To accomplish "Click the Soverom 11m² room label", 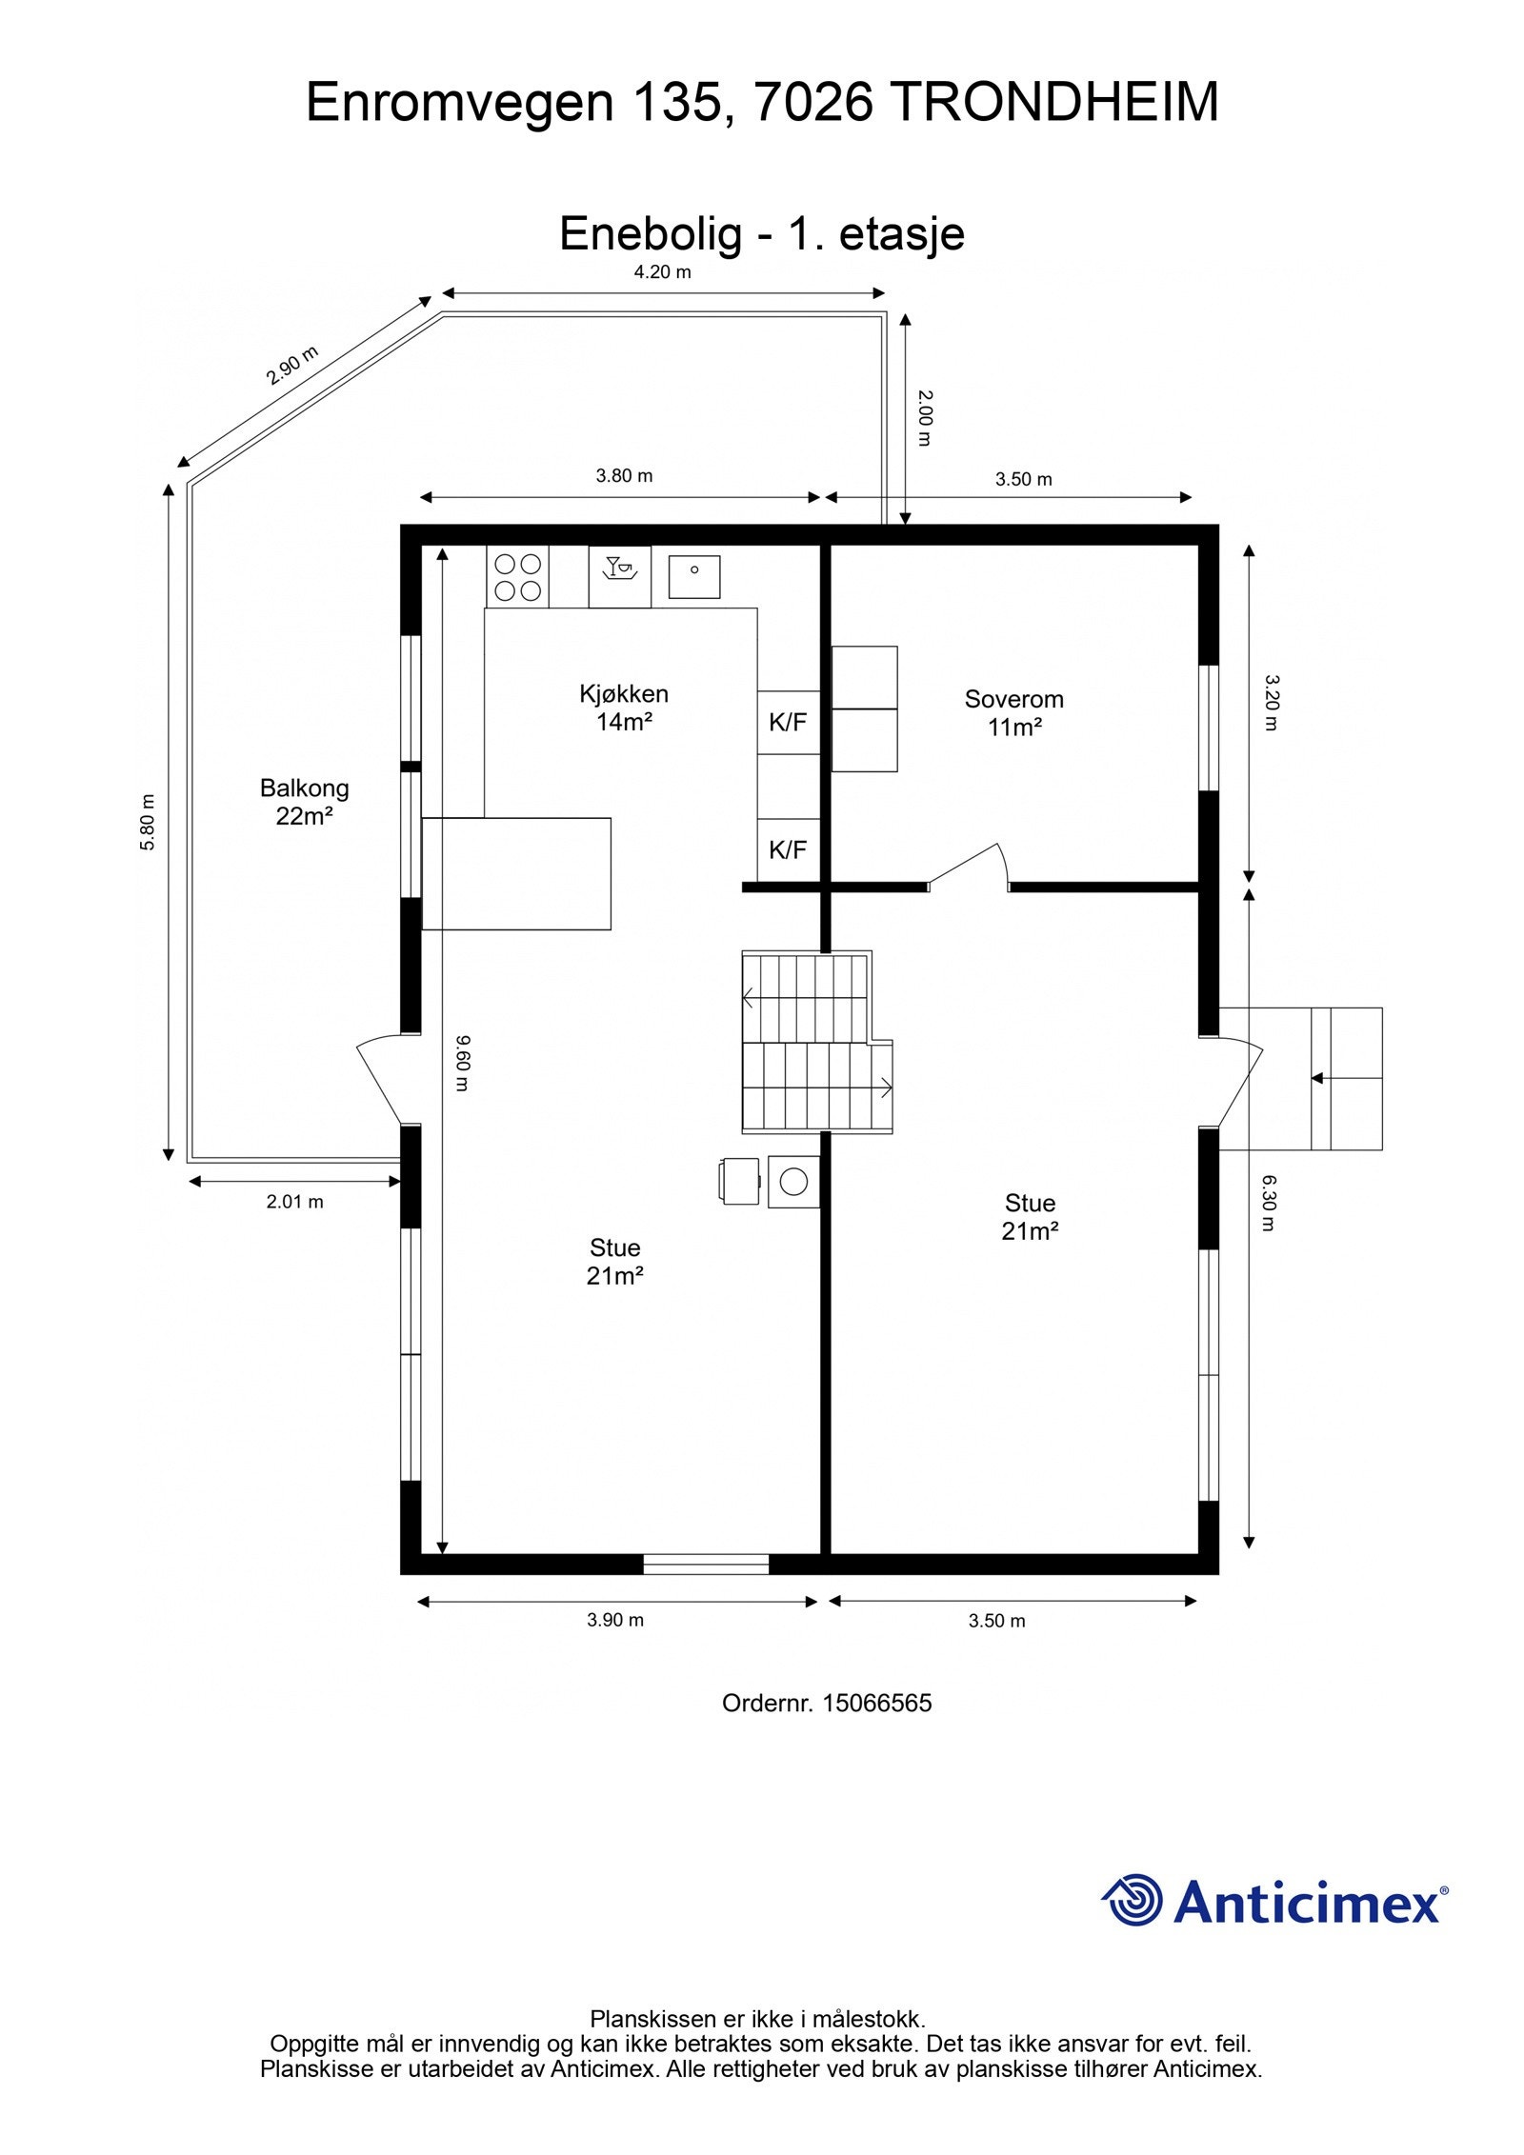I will tap(1013, 712).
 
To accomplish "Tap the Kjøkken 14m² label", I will tap(623, 707).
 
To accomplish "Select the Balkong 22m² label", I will tap(304, 801).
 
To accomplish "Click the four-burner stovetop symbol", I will tap(518, 577).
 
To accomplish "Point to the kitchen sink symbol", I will tap(693, 577).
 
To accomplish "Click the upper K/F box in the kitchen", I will tap(788, 723).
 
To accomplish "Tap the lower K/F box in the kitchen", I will tap(788, 849).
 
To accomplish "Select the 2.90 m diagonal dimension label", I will tap(291, 365).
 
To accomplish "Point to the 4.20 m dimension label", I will tap(662, 272).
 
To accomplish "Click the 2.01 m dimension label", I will tap(294, 1202).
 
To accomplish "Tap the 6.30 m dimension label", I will tap(1268, 1203).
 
